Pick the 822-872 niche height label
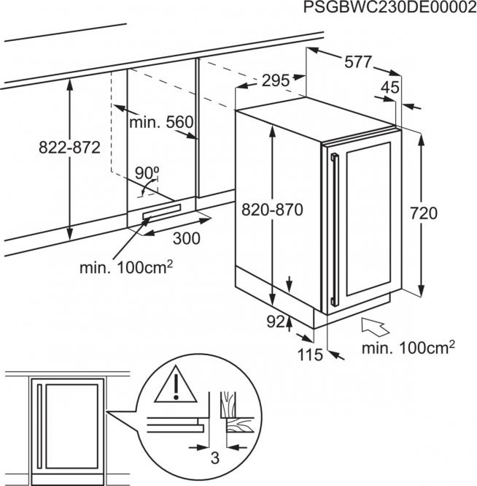click(70, 146)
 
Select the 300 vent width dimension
click(188, 238)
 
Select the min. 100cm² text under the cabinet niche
click(125, 267)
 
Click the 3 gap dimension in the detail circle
click(214, 459)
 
